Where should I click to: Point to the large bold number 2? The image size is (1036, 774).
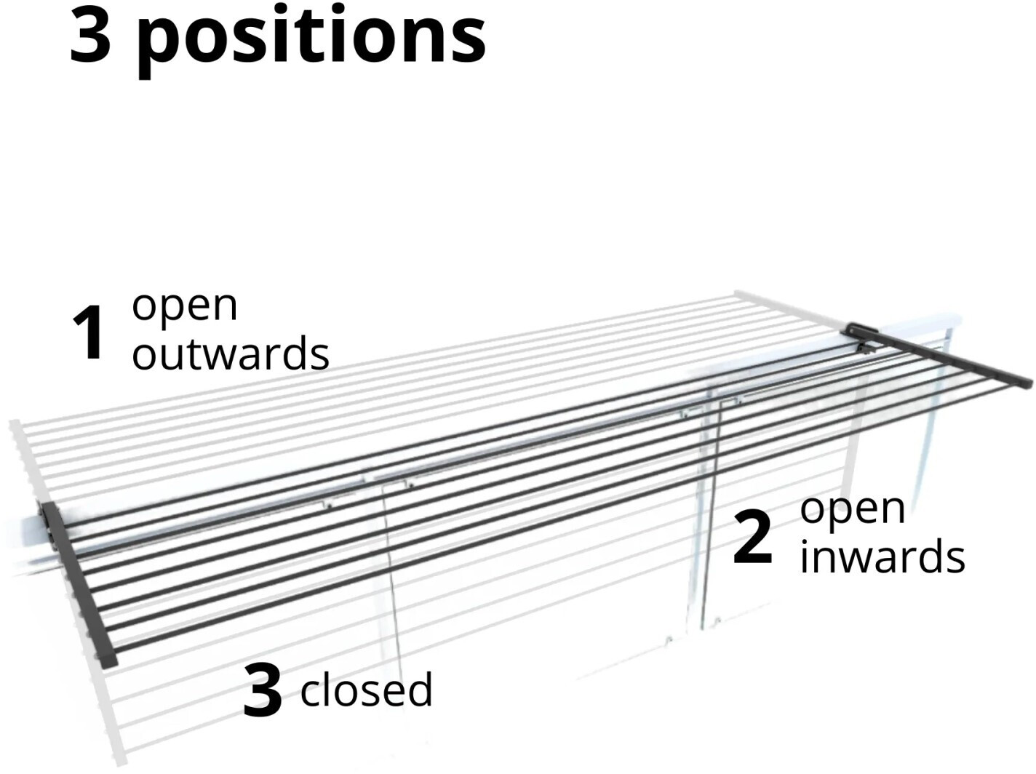[x=752, y=537]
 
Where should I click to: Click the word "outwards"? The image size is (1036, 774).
[x=231, y=354]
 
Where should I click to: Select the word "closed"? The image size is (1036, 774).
[x=366, y=690]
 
